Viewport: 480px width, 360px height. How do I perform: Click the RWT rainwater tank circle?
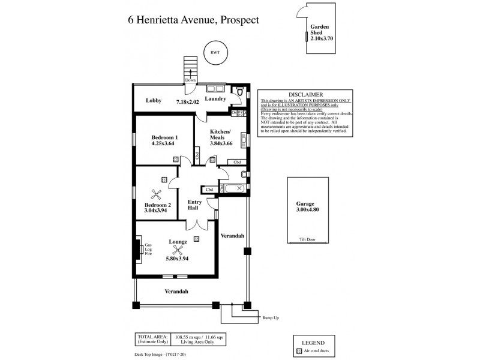click(214, 52)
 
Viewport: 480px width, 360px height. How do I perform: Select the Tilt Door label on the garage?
click(307, 239)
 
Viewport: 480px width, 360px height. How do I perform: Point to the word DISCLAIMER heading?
click(305, 95)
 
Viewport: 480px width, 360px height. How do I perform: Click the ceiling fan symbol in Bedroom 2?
click(157, 193)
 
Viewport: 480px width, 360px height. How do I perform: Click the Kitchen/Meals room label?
click(220, 134)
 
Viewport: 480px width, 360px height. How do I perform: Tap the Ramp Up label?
click(271, 317)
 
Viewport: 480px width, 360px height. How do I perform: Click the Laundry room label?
click(215, 99)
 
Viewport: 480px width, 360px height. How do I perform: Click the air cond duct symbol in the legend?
click(298, 350)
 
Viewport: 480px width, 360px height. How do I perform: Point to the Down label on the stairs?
click(191, 80)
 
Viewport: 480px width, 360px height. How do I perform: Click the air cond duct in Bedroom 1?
click(175, 160)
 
